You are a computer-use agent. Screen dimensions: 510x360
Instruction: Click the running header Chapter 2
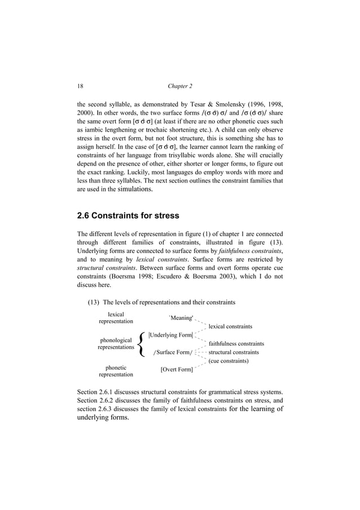pos(180,86)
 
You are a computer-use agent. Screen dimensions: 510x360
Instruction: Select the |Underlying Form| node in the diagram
pos(170,335)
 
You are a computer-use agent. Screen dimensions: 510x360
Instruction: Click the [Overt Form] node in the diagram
pos(176,370)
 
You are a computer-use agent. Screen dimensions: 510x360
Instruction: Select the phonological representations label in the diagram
pos(116,344)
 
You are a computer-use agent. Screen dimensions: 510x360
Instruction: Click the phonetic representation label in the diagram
pos(116,370)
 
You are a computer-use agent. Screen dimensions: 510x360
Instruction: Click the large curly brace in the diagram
pos(142,344)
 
